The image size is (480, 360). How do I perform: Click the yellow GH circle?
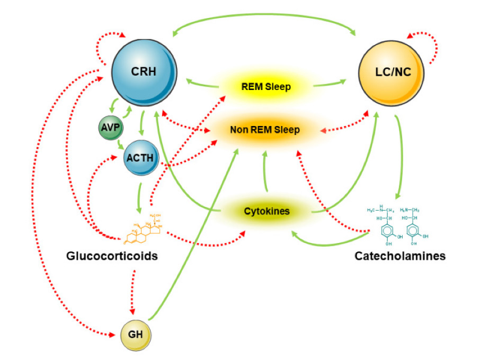pyautogui.click(x=136, y=335)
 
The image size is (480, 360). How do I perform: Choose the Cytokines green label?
pyautogui.click(x=266, y=211)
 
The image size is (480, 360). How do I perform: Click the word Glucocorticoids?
pyautogui.click(x=112, y=256)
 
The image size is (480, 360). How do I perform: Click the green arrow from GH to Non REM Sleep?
pyautogui.click(x=196, y=233)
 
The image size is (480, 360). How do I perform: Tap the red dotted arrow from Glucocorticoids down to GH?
pyautogui.click(x=133, y=291)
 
